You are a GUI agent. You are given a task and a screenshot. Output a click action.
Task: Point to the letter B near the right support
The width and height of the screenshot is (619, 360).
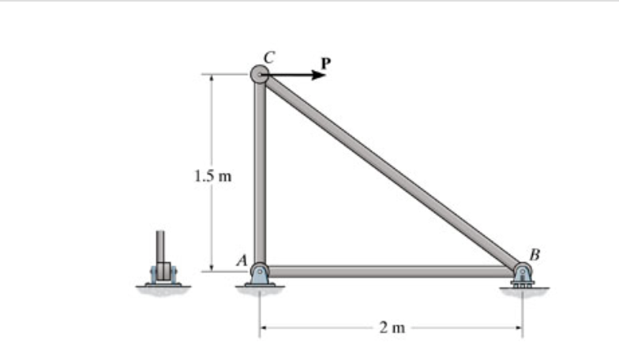pyautogui.click(x=535, y=254)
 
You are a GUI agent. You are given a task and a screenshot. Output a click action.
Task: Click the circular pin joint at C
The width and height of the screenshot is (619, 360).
pyautogui.click(x=259, y=74)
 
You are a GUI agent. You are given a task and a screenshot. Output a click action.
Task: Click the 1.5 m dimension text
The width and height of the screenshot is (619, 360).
pyautogui.click(x=212, y=175)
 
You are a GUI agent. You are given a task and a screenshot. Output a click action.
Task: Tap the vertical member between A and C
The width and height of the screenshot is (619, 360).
pyautogui.click(x=259, y=174)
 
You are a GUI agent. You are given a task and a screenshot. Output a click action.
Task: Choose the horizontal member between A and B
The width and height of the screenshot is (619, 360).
pyautogui.click(x=391, y=272)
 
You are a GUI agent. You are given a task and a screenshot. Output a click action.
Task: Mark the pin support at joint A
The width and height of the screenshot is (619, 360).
pyautogui.click(x=259, y=275)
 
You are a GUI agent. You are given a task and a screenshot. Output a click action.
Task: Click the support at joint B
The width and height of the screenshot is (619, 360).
pyautogui.click(x=522, y=276)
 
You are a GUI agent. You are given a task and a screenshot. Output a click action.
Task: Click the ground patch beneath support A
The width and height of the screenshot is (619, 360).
pyautogui.click(x=259, y=291)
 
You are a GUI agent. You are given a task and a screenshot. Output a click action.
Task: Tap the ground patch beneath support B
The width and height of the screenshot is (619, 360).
pyautogui.click(x=523, y=291)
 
